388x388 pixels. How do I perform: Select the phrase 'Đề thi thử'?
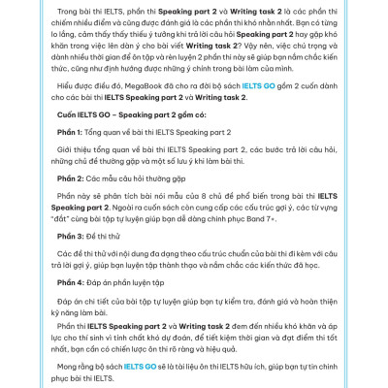[95, 264]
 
